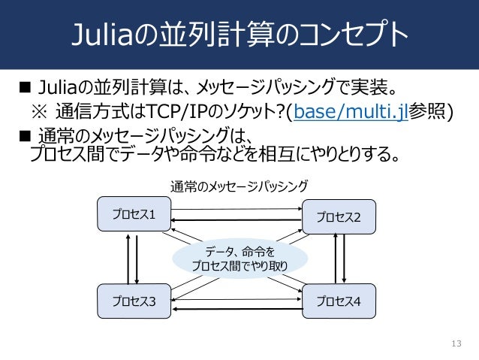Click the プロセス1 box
pyautogui.click(x=134, y=213)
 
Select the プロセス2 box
pyautogui.click(x=338, y=217)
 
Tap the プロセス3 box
pyautogui.click(x=134, y=301)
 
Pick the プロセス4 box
pyautogui.click(x=338, y=301)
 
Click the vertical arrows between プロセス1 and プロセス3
pyautogui.click(x=134, y=257)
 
